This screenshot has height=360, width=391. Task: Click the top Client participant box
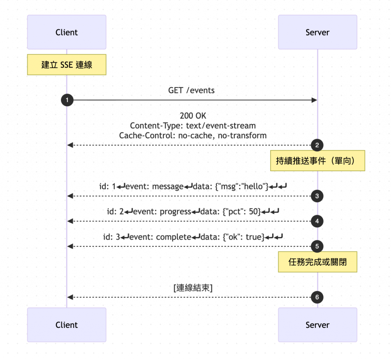pos(67,32)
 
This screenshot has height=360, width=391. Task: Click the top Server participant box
pos(317,32)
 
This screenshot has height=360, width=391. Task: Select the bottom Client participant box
pos(67,325)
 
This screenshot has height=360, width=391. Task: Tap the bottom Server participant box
pos(317,325)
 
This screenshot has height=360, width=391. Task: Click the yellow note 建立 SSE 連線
pos(67,65)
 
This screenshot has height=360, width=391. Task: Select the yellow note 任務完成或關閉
pos(317,262)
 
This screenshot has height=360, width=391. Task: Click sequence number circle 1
pos(67,100)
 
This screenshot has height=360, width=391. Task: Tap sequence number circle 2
pos(317,145)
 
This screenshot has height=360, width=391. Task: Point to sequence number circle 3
pos(317,196)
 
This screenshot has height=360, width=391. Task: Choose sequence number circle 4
pos(317,221)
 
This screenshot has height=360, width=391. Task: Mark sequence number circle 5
pos(317,246)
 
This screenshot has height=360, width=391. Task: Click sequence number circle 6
pos(317,297)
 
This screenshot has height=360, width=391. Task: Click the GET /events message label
pos(191,91)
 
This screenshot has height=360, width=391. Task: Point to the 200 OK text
pos(193,116)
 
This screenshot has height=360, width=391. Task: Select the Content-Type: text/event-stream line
pos(193,126)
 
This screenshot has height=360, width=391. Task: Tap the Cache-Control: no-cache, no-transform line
pos(193,136)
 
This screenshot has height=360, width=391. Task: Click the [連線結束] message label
pos(193,288)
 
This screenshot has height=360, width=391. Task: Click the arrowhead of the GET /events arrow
pos(314,100)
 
